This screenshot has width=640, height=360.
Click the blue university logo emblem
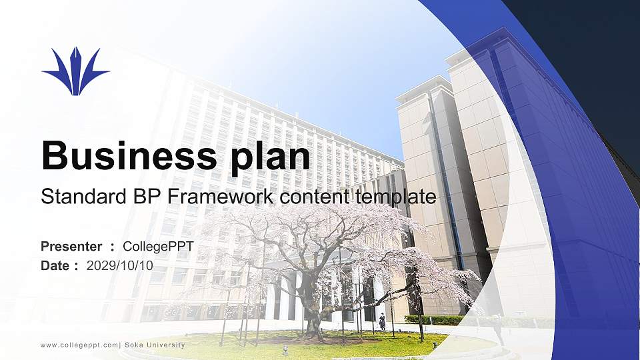(x=75, y=71)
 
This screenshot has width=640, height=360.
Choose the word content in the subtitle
(x=307, y=197)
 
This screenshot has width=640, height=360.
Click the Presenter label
(x=71, y=247)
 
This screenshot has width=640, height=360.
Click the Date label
(x=55, y=265)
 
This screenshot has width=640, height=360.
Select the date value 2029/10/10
(x=120, y=265)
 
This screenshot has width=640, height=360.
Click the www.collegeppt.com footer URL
(x=79, y=345)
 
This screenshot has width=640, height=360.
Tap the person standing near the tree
(x=382, y=322)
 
